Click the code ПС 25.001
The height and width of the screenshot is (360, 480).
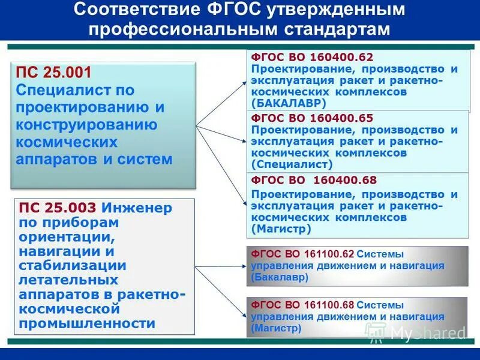point(54,73)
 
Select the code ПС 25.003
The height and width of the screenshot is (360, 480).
point(57,208)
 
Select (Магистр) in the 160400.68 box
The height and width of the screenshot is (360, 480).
point(281,229)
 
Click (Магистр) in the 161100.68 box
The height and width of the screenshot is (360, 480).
point(277,328)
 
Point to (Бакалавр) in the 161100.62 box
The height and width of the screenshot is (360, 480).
point(280,277)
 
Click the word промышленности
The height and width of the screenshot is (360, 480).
point(87,323)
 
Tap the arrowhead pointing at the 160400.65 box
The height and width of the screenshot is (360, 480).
point(243,142)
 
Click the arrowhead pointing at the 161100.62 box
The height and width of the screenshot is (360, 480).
point(243,265)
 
